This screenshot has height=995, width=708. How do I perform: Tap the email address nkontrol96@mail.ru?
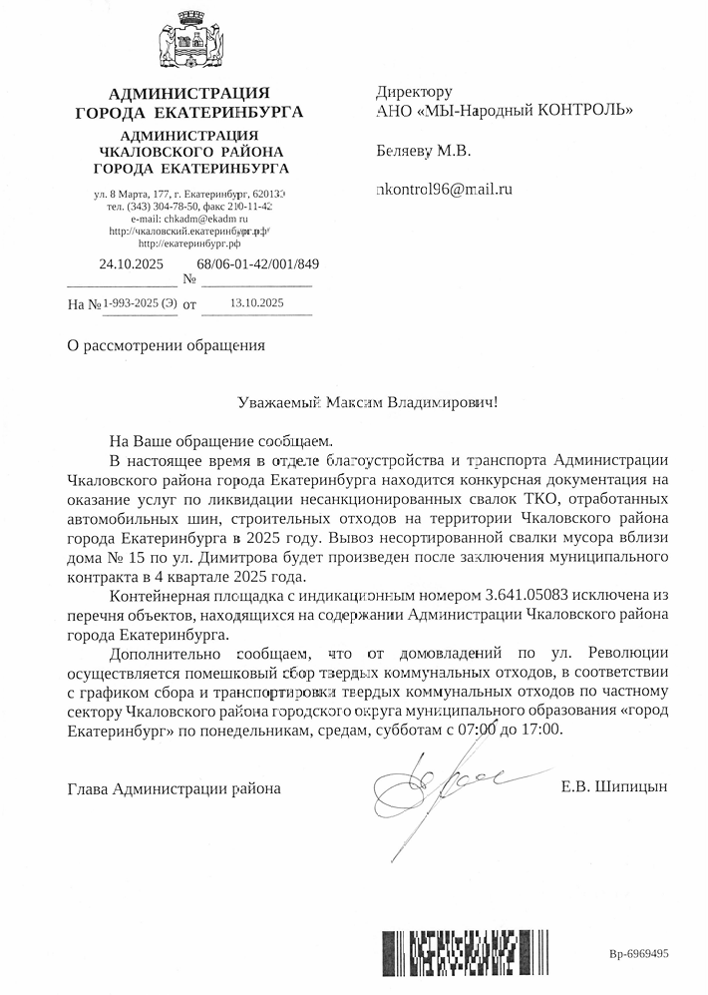(x=443, y=188)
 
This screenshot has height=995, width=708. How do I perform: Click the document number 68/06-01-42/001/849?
(x=258, y=264)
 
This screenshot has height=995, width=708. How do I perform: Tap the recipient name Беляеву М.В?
(x=423, y=152)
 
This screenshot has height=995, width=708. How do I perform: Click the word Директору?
(x=414, y=91)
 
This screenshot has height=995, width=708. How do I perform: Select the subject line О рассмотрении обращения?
(x=166, y=346)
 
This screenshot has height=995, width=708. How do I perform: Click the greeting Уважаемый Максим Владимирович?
(x=366, y=403)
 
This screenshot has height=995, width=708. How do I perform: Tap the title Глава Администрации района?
(x=174, y=789)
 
